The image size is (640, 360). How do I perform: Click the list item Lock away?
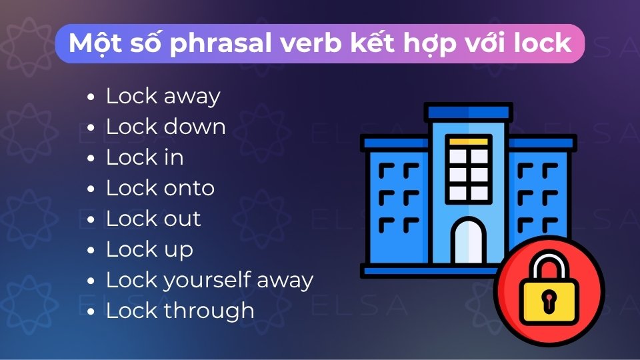click(163, 96)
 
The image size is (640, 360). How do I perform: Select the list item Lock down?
click(165, 127)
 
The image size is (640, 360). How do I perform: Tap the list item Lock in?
click(144, 157)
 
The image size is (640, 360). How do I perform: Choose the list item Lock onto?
click(160, 188)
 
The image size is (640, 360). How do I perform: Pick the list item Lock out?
click(153, 219)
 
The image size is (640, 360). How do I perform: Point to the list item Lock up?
click(149, 249)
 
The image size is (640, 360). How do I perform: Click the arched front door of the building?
click(470, 243)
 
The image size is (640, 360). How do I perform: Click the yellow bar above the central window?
click(469, 142)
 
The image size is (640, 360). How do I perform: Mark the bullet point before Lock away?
click(91, 97)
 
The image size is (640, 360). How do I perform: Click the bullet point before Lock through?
click(91, 312)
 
